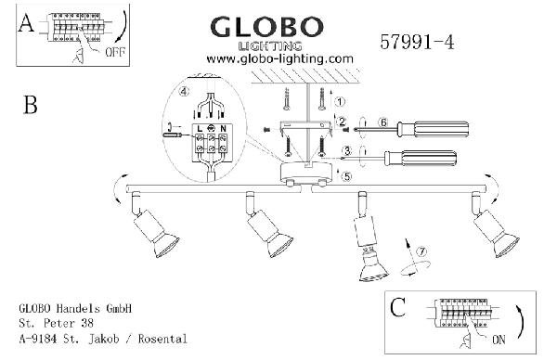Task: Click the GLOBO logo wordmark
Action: (x=266, y=27)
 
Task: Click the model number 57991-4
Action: (x=417, y=42)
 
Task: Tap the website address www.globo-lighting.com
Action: (x=280, y=59)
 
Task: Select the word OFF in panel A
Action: (x=115, y=52)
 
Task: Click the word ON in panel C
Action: (x=499, y=340)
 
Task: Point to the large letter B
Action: (x=31, y=105)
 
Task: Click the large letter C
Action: (x=397, y=307)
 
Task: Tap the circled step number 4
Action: (x=184, y=92)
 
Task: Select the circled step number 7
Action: (x=421, y=251)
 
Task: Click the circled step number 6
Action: (x=382, y=122)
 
